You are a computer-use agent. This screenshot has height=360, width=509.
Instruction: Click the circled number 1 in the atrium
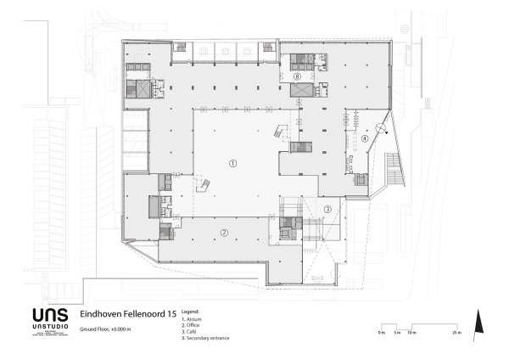coord(233,162)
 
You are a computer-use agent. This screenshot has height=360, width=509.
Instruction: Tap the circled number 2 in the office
coord(225,232)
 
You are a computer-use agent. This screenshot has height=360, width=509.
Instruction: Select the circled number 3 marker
coord(327,210)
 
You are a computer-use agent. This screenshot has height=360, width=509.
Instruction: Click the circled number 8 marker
coord(297,76)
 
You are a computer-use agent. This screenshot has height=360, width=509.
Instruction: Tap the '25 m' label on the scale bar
coord(457,332)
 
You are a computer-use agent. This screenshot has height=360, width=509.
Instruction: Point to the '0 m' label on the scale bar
coord(382,332)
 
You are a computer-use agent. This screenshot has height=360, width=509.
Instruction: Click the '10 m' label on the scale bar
coord(412,332)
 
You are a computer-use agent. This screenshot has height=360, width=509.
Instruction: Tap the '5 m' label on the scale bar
coord(397,332)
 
